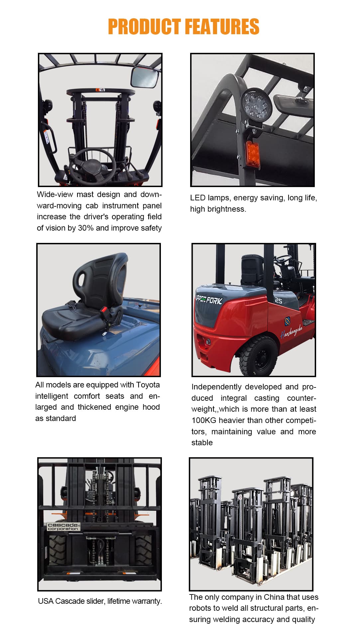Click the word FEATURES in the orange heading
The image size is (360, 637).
(222, 27)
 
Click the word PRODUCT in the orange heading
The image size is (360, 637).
(144, 27)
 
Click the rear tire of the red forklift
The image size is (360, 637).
(258, 356)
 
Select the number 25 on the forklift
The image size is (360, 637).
(279, 300)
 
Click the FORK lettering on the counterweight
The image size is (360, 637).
(214, 300)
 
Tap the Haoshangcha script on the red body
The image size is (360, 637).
(292, 331)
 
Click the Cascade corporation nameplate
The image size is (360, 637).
(63, 527)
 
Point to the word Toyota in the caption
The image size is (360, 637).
(148, 385)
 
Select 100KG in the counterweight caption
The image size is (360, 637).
(204, 420)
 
